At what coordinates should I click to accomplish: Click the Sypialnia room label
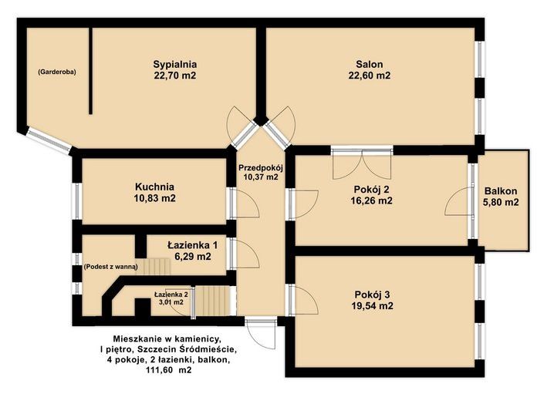[175, 65]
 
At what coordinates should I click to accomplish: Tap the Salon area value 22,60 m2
[370, 76]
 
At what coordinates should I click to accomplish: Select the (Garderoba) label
[57, 72]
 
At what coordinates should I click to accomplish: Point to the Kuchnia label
[155, 187]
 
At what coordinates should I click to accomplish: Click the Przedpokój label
[261, 167]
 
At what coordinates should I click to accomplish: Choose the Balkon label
[501, 191]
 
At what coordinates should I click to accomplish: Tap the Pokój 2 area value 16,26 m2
[371, 200]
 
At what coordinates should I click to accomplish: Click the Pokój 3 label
[372, 295]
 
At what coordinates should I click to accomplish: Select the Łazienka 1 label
[193, 245]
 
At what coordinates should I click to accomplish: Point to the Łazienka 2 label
[171, 295]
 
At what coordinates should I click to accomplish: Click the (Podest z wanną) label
[110, 267]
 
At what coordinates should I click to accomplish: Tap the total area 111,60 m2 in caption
[168, 370]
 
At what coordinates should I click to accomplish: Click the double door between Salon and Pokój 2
[362, 163]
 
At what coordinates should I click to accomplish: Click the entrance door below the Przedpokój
[261, 334]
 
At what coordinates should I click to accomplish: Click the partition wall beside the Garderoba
[91, 71]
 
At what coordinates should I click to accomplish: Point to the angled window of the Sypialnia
[49, 140]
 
